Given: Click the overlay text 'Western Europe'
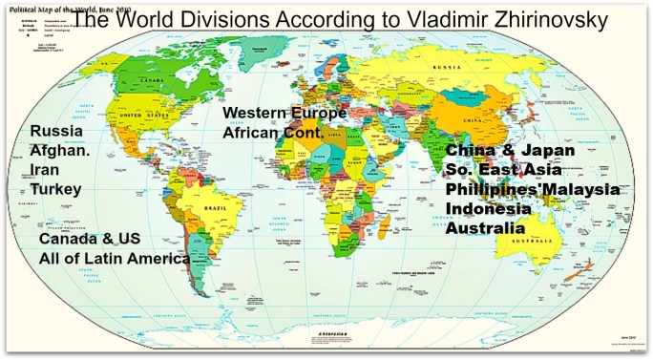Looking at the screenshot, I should (x=284, y=114).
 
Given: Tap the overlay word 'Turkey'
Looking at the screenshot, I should (x=55, y=189).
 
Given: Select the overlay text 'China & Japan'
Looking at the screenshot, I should (x=511, y=151).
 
